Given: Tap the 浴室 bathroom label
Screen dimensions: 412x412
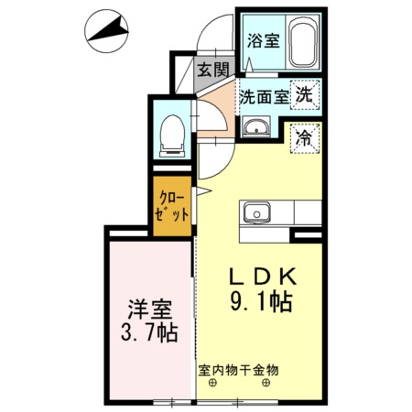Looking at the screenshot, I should pos(263,41).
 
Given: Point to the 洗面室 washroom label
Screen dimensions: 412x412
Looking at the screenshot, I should pos(264,95).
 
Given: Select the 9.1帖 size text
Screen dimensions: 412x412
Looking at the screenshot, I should pos(261,301).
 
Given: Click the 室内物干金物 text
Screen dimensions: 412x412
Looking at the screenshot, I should pos(238,371).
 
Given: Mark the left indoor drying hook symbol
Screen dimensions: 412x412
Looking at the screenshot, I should pos(211,384).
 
